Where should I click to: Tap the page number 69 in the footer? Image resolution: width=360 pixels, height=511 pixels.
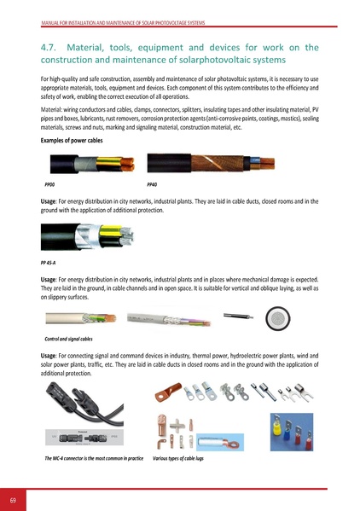coord(14,498)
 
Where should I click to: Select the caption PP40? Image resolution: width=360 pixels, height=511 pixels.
coord(152,183)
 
